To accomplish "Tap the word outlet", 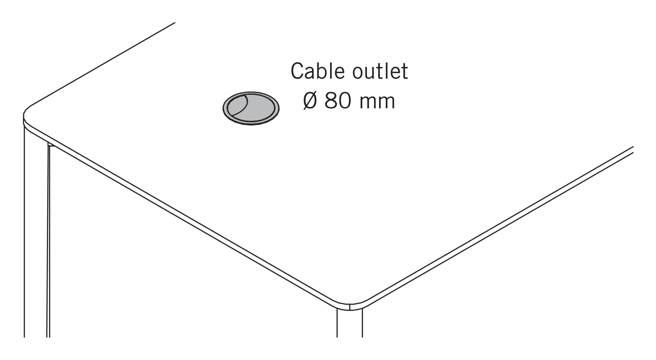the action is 380,71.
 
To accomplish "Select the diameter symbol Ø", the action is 310,101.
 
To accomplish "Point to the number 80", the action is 337,101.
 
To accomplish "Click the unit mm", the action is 377,103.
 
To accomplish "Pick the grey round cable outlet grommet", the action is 251,108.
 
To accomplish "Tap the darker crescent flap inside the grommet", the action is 237,106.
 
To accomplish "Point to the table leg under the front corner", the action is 350,324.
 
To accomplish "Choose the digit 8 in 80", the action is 330,101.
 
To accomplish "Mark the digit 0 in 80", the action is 344,101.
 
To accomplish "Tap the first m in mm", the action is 368,103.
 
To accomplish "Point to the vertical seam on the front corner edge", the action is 350,307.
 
